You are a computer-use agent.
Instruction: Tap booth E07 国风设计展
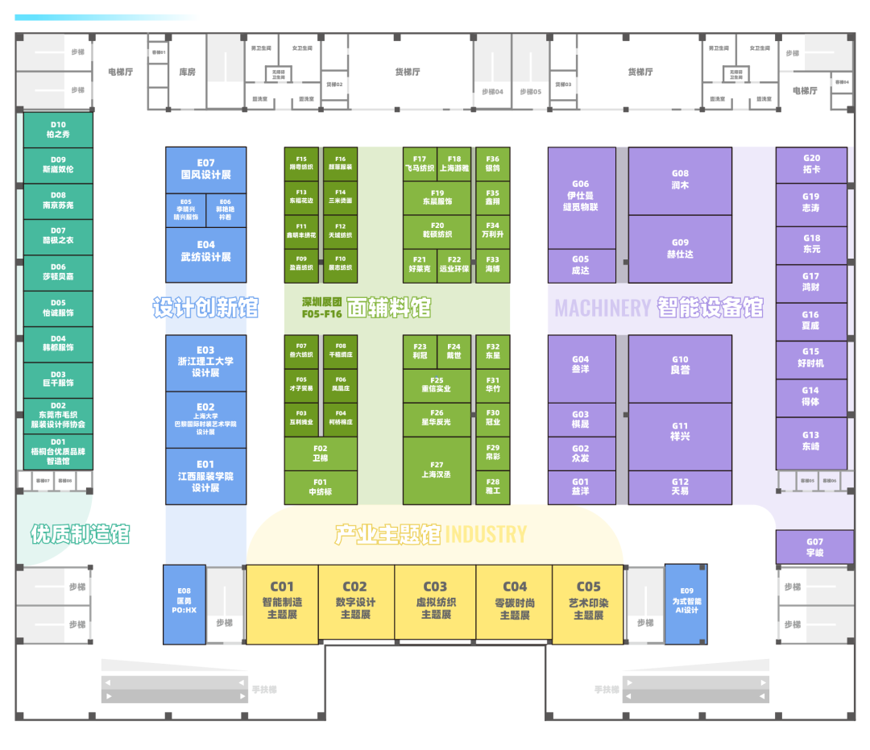pyautogui.click(x=205, y=169)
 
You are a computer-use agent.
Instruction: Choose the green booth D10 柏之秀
pyautogui.click(x=58, y=130)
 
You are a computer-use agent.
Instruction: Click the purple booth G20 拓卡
pyautogui.click(x=811, y=164)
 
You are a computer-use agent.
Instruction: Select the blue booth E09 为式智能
pyautogui.click(x=686, y=603)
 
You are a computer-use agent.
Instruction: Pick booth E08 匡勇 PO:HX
pyautogui.click(x=185, y=603)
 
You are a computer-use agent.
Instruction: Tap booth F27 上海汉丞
pyautogui.click(x=437, y=470)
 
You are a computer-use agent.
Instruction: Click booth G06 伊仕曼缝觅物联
pyautogui.click(x=581, y=196)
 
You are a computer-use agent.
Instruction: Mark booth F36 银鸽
pyautogui.click(x=493, y=164)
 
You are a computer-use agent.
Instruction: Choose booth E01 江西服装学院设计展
pyautogui.click(x=205, y=476)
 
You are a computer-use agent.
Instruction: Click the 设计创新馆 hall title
pyautogui.click(x=205, y=307)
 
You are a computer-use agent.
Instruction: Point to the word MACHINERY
pyautogui.click(x=603, y=308)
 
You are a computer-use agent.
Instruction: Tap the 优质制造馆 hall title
pyautogui.click(x=80, y=533)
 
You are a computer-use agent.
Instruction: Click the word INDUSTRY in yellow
pyautogui.click(x=486, y=534)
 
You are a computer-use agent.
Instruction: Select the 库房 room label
pyautogui.click(x=187, y=72)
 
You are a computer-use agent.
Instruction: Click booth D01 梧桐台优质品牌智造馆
pyautogui.click(x=58, y=452)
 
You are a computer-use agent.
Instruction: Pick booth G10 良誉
pyautogui.click(x=680, y=365)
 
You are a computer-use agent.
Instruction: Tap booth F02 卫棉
pyautogui.click(x=320, y=454)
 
